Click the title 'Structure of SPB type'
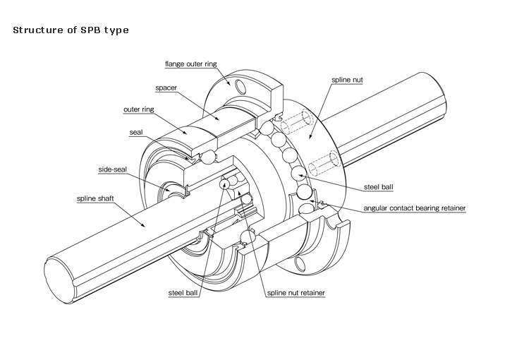(x=71, y=31)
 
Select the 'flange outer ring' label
(x=190, y=64)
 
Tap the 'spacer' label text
(x=166, y=88)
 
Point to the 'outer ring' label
(x=139, y=109)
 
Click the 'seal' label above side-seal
(x=136, y=132)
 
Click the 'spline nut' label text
(x=347, y=80)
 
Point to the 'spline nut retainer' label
(x=295, y=292)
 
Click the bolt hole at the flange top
(x=243, y=88)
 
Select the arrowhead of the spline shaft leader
(x=146, y=226)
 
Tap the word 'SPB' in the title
(x=89, y=31)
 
